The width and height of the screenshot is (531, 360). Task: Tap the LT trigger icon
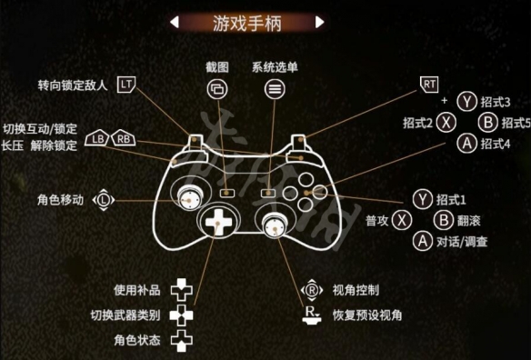tap(127, 85)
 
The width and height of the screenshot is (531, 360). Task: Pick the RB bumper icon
tap(124, 139)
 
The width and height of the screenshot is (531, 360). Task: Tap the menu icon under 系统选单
tap(274, 89)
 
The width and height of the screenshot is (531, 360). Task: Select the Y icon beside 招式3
tap(467, 102)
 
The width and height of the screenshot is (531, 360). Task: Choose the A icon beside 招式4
tap(467, 143)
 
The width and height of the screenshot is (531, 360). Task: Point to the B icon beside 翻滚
tap(443, 220)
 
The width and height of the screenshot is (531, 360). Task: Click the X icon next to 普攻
tap(402, 220)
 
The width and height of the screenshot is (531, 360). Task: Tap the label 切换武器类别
tap(125, 315)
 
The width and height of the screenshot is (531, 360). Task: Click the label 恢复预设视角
tap(368, 315)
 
